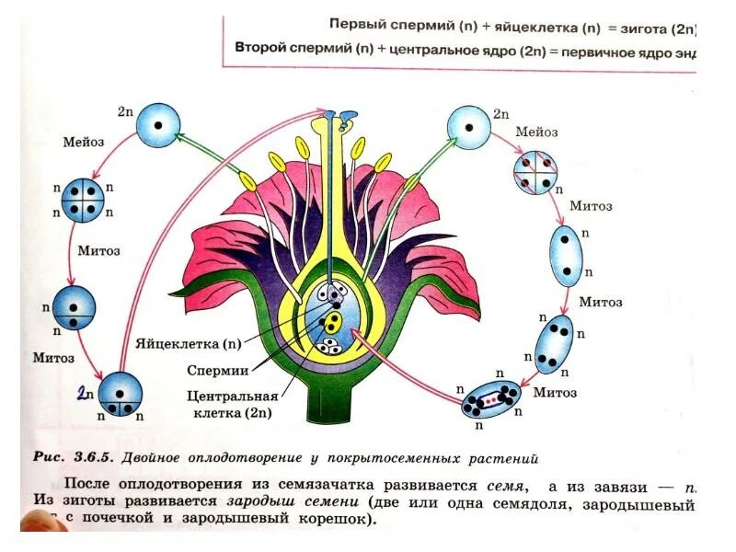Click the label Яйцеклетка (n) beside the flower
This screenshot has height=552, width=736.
pyautogui.click(x=188, y=345)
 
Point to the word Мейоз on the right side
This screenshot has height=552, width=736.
pyautogui.click(x=536, y=132)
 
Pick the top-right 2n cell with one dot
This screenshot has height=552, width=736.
pyautogui.click(x=468, y=127)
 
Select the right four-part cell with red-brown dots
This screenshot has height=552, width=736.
pyautogui.click(x=536, y=172)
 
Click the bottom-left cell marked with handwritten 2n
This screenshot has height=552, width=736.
pyautogui.click(x=121, y=394)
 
